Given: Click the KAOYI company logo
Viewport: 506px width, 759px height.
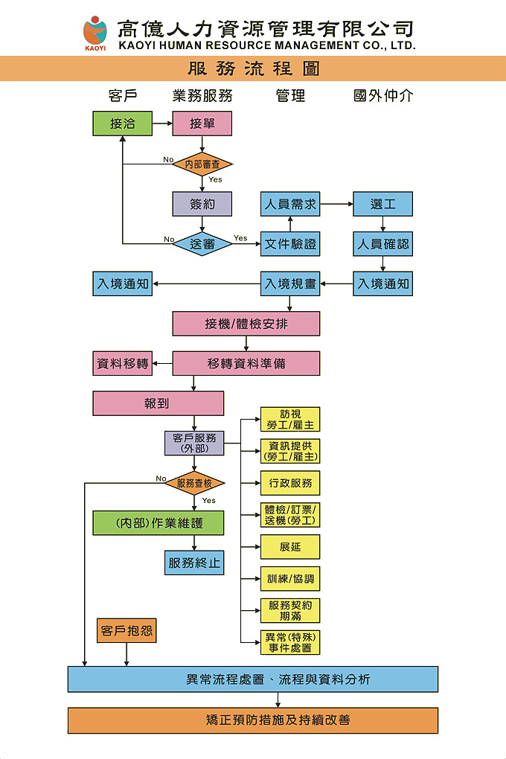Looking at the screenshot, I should click(95, 33).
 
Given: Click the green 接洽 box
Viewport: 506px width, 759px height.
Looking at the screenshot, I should click(123, 124).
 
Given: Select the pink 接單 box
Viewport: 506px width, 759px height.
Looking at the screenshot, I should click(202, 124).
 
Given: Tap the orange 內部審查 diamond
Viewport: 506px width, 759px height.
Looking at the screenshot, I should click(202, 164).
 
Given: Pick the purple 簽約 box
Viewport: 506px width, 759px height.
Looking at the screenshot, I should click(202, 204).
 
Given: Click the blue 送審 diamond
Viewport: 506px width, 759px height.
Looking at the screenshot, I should click(202, 243).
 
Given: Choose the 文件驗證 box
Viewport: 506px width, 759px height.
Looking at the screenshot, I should click(290, 243).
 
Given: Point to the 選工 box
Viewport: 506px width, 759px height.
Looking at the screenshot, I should click(382, 204).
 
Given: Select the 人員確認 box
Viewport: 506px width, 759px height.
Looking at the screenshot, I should click(382, 243).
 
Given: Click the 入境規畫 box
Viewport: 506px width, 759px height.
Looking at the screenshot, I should click(290, 284).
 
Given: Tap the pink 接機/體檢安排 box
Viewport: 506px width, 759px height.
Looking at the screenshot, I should click(246, 324).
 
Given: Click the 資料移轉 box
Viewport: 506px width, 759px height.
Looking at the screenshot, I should click(123, 364).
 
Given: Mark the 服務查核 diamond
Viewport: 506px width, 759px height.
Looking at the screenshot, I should click(195, 483).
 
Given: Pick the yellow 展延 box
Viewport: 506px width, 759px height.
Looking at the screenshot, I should click(290, 547).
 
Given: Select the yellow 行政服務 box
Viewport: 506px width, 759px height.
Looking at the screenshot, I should click(290, 483).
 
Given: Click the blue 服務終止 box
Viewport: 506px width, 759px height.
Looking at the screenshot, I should click(194, 563).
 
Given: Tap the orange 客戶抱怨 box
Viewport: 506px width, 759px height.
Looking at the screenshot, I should click(127, 631).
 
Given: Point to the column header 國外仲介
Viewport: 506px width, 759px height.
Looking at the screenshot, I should click(382, 96).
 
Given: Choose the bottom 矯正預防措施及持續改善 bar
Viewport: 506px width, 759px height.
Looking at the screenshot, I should click(253, 720).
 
